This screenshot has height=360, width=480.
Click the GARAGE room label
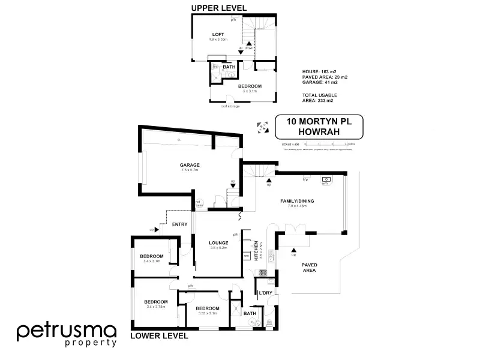pyautogui.click(x=190, y=165)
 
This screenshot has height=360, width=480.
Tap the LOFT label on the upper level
pyautogui.click(x=218, y=34)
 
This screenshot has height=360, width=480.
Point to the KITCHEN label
pyautogui.click(x=256, y=249)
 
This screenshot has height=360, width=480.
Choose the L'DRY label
pyautogui.click(x=265, y=292)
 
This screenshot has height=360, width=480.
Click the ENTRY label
pyautogui.click(x=180, y=224)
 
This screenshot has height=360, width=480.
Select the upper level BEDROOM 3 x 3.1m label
pyautogui.click(x=250, y=86)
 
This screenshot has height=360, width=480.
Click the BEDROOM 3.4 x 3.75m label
pyautogui.click(x=155, y=301)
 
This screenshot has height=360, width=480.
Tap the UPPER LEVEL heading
pyautogui.click(x=219, y=8)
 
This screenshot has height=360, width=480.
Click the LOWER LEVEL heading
pyautogui.click(x=159, y=336)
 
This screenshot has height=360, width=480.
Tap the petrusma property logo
pyautogui.click(x=66, y=334)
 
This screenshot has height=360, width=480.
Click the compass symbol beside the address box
pyautogui.click(x=261, y=126)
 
